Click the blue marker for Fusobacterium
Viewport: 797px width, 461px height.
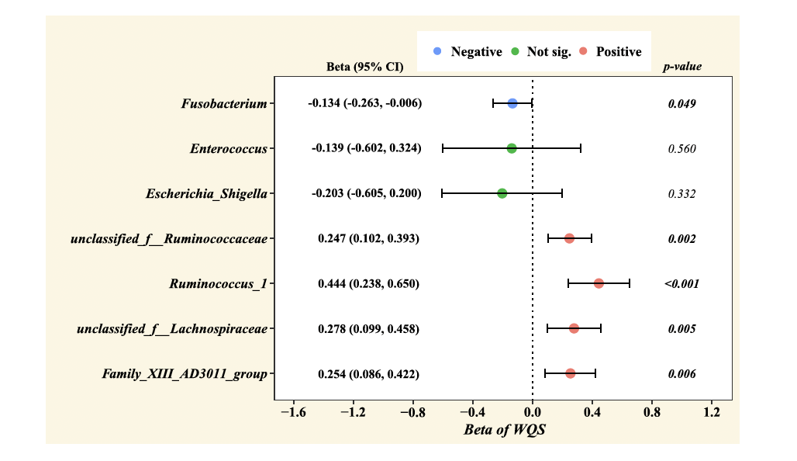(512, 103)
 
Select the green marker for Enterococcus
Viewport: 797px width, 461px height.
(512, 148)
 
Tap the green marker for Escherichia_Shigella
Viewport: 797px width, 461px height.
(502, 193)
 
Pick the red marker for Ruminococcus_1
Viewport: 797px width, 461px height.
(599, 283)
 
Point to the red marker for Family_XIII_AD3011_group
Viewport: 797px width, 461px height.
(571, 373)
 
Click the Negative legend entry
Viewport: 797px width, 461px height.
(468, 52)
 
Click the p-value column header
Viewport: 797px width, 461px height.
(682, 67)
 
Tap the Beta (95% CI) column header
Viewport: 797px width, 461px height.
(365, 67)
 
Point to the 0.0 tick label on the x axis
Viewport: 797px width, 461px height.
(533, 412)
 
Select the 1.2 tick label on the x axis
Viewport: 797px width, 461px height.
(711, 412)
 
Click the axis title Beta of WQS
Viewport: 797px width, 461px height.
(505, 429)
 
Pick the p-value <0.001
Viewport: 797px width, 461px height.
(681, 284)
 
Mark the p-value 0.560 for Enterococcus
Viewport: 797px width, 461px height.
(681, 149)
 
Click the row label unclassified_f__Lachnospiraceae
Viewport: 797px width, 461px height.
(172, 329)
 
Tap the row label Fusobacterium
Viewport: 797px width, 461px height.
(224, 104)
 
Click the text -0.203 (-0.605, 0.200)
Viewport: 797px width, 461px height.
(367, 194)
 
